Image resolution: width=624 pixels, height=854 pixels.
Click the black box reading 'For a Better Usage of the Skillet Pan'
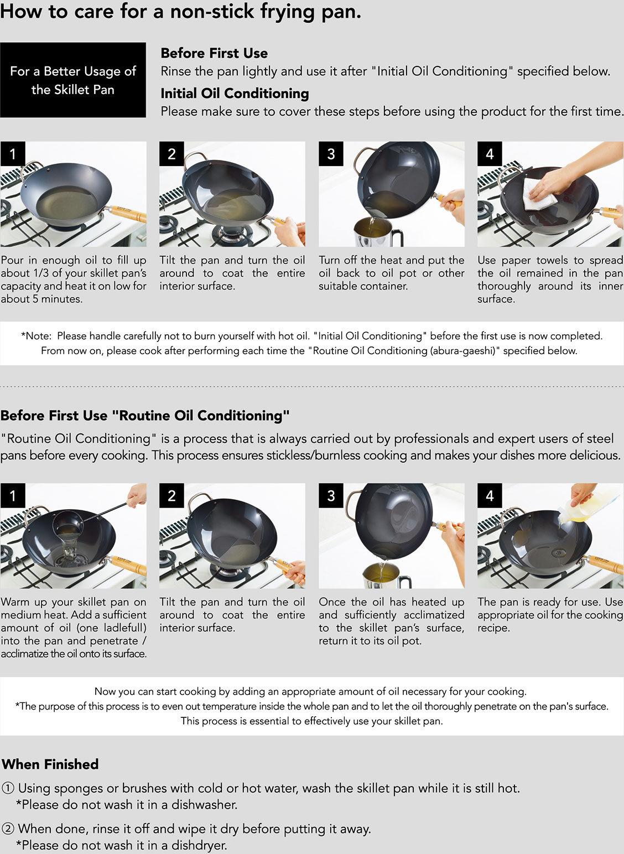pos(73,80)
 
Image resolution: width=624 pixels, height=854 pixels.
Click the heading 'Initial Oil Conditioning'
pos(235,94)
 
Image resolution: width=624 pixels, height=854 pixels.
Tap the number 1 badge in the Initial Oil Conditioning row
pos(13,154)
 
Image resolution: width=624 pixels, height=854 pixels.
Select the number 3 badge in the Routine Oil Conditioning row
pos(331,495)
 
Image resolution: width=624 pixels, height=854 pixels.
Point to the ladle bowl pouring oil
pos(68,523)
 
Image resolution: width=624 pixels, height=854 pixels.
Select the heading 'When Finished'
pos(50,764)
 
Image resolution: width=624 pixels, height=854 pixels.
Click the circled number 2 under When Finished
pos(8,829)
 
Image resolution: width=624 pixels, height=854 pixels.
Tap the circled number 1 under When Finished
pos(8,788)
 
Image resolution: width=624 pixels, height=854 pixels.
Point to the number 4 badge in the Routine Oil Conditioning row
pos(490,495)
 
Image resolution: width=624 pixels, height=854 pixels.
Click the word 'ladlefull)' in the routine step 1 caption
pos(125,628)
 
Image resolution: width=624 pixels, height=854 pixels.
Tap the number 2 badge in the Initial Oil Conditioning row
pos(171,154)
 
